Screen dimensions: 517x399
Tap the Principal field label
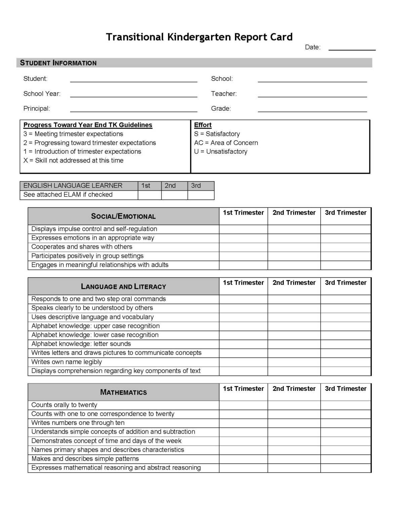(x=37, y=108)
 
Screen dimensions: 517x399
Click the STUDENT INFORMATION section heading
(x=58, y=63)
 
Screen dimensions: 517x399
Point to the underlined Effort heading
(x=203, y=125)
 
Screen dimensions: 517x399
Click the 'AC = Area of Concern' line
(x=226, y=143)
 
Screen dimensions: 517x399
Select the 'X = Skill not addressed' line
(x=73, y=161)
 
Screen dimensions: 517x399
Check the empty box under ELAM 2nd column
(x=174, y=195)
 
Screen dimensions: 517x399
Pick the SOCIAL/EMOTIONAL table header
(x=123, y=216)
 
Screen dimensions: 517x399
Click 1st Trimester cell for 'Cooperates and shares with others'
(x=243, y=247)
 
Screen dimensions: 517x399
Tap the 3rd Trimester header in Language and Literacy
(x=346, y=283)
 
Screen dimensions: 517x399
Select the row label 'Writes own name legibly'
(x=67, y=362)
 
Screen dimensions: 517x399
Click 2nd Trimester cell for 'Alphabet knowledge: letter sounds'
(x=294, y=344)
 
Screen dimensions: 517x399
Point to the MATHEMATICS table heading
(x=123, y=392)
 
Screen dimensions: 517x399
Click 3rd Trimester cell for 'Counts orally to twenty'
(x=346, y=405)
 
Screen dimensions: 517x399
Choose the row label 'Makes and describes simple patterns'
(x=85, y=459)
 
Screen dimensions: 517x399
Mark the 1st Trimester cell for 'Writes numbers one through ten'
(x=243, y=423)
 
